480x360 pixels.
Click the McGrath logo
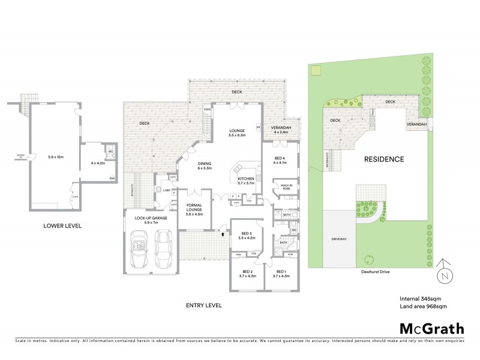pos(431,328)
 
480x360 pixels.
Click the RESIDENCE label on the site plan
pos(384,160)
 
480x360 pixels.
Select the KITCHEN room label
pos(246,179)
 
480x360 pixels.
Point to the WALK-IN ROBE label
pos(286,187)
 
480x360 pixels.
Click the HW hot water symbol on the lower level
pos(112,178)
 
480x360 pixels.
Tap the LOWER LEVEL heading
pos(62,226)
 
